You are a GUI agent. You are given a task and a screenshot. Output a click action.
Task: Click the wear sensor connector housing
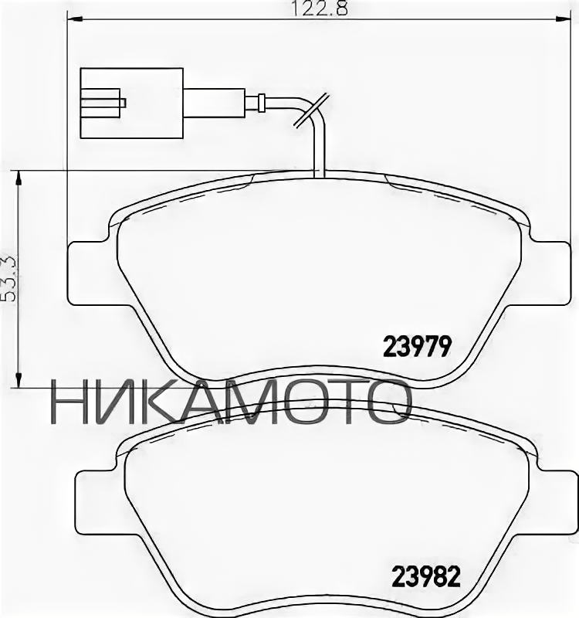[130, 103]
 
